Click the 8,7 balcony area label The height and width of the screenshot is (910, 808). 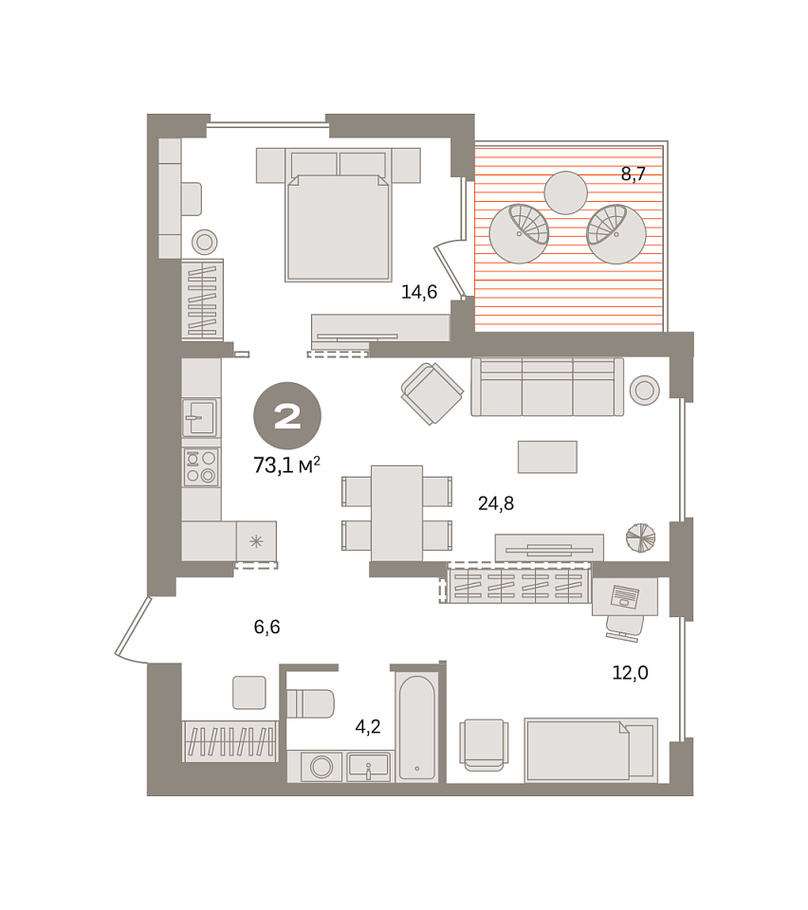(x=634, y=173)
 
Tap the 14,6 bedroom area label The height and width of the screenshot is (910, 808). (x=419, y=292)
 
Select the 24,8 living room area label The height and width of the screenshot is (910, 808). (x=496, y=503)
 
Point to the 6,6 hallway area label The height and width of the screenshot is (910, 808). (x=267, y=627)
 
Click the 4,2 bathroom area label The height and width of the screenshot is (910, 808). (x=368, y=726)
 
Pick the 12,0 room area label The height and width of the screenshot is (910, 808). (x=631, y=673)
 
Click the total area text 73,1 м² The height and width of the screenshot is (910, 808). (x=286, y=464)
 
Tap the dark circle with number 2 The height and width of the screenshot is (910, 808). (x=287, y=415)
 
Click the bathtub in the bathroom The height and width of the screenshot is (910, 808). (x=417, y=727)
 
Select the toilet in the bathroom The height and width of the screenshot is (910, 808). (x=310, y=703)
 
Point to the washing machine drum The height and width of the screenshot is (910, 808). (x=321, y=767)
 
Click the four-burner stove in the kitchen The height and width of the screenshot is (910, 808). (x=201, y=466)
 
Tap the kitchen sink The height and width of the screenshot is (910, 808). (x=200, y=417)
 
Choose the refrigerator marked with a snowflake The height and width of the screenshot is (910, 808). (x=256, y=541)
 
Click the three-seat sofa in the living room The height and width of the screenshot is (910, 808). (x=547, y=387)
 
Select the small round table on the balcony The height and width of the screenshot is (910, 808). (x=566, y=192)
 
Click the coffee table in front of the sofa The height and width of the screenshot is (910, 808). (x=547, y=457)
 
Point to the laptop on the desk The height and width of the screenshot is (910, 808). (x=625, y=596)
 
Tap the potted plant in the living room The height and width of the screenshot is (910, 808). (x=641, y=537)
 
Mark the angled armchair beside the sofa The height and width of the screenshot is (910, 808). (x=432, y=393)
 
